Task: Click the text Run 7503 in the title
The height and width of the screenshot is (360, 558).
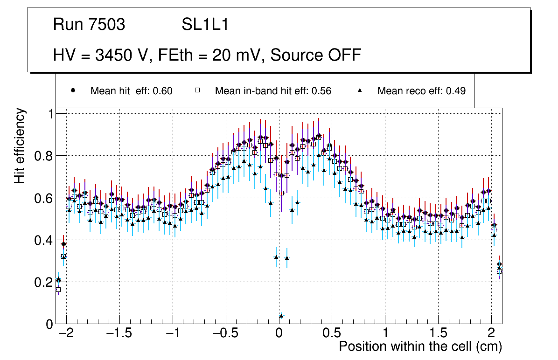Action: click(89, 25)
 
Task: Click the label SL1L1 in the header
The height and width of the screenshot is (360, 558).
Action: click(205, 25)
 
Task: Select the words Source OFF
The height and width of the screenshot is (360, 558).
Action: click(315, 55)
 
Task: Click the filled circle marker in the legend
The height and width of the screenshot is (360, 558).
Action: click(73, 90)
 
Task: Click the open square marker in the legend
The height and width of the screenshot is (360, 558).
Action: click(197, 90)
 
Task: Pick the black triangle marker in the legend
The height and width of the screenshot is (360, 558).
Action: click(359, 90)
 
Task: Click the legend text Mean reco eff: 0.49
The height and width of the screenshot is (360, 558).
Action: click(421, 91)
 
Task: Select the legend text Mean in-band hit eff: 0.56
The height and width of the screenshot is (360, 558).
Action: click(273, 91)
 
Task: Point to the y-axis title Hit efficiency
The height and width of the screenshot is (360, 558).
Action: click(20, 145)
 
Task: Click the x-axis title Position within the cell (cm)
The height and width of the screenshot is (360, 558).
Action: click(420, 346)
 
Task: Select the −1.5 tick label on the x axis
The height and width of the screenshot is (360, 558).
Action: click(119, 334)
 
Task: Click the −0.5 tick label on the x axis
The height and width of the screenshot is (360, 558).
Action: click(225, 334)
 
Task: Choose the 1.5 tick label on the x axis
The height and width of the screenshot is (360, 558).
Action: click(438, 334)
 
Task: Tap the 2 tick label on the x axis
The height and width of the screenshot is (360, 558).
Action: click(491, 334)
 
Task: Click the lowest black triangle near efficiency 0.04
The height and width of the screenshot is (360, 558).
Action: click(281, 316)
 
